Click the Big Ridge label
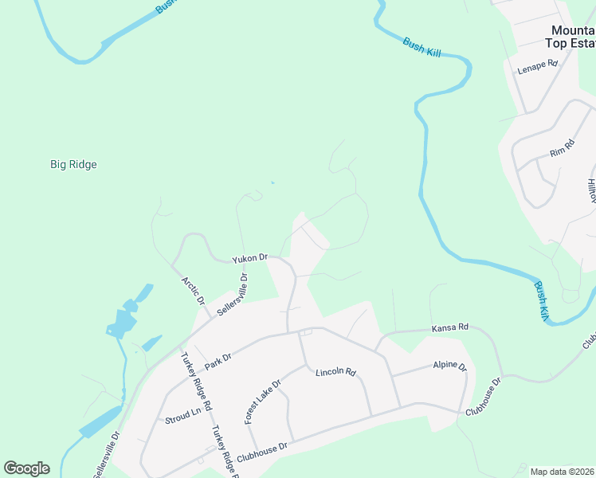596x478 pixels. tap(73, 165)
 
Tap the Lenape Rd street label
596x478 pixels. tap(537, 69)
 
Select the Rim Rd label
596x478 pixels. tap(562, 152)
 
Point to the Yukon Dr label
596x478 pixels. tap(249, 260)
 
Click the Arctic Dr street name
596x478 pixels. tap(194, 291)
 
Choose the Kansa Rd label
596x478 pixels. tap(449, 327)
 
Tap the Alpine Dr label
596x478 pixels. tap(449, 366)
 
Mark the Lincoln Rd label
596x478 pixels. tap(335, 372)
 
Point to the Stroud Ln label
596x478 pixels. tap(182, 417)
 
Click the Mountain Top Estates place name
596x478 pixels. tap(573, 37)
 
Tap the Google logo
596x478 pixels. tap(26, 468)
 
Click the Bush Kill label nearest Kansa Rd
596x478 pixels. tap(542, 302)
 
